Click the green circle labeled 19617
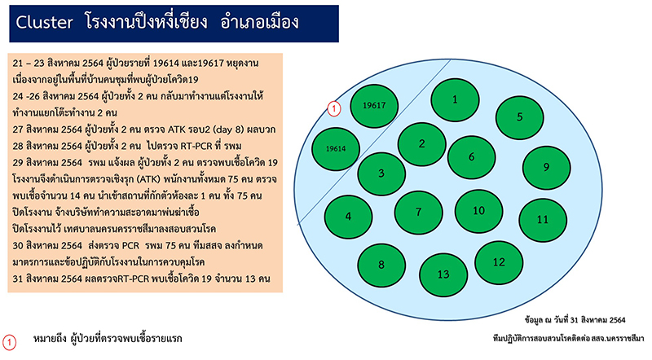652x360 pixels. coord(374,105)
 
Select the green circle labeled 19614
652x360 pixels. coord(336,148)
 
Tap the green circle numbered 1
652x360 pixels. coord(455,99)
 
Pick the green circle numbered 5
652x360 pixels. coord(519,116)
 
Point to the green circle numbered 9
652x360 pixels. coord(546,167)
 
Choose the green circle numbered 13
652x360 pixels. coord(443,274)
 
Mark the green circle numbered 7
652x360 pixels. coord(418,213)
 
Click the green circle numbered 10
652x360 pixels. coord(478,211)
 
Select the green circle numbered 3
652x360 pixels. coord(381,173)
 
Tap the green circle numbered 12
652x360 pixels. coord(499,262)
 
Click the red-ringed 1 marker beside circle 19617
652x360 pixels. coord(334,109)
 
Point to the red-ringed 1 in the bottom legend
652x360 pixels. coord(9,343)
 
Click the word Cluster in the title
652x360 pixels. coord(45,22)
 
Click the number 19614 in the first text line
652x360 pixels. coord(166,64)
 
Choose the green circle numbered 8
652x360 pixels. coord(381,265)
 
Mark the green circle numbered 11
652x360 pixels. coord(543,219)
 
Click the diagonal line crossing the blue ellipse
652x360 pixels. coord(374,143)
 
